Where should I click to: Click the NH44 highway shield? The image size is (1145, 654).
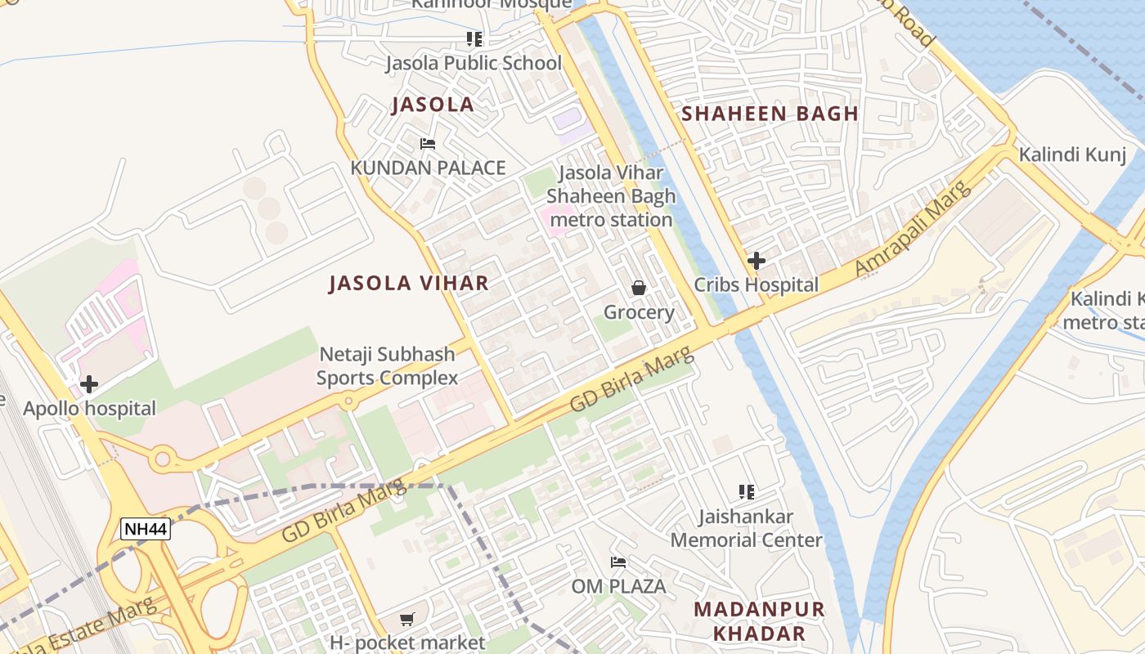(x=146, y=529)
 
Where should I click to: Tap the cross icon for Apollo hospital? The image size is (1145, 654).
(x=88, y=384)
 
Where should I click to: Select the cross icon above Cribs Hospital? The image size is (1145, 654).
(x=757, y=261)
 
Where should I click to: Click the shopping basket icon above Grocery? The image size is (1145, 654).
(x=639, y=288)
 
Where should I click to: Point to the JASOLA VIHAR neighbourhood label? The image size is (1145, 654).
(x=409, y=284)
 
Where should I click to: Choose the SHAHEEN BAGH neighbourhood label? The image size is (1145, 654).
(x=770, y=114)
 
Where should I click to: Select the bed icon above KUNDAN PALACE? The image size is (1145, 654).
(x=427, y=144)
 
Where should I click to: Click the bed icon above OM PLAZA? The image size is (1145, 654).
(x=618, y=562)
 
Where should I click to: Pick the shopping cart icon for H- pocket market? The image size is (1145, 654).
(x=407, y=620)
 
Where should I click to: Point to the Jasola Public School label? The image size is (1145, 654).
(x=474, y=63)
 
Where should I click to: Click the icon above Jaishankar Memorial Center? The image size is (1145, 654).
(x=746, y=492)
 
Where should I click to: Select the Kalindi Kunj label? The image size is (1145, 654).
(x=1072, y=155)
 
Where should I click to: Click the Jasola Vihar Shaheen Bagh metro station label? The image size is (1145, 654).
(x=611, y=197)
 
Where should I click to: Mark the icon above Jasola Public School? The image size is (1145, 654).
(x=474, y=39)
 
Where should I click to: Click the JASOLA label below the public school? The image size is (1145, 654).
(x=433, y=105)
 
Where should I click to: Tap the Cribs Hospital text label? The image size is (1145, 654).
(x=756, y=284)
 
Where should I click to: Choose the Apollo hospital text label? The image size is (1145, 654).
(x=89, y=409)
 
